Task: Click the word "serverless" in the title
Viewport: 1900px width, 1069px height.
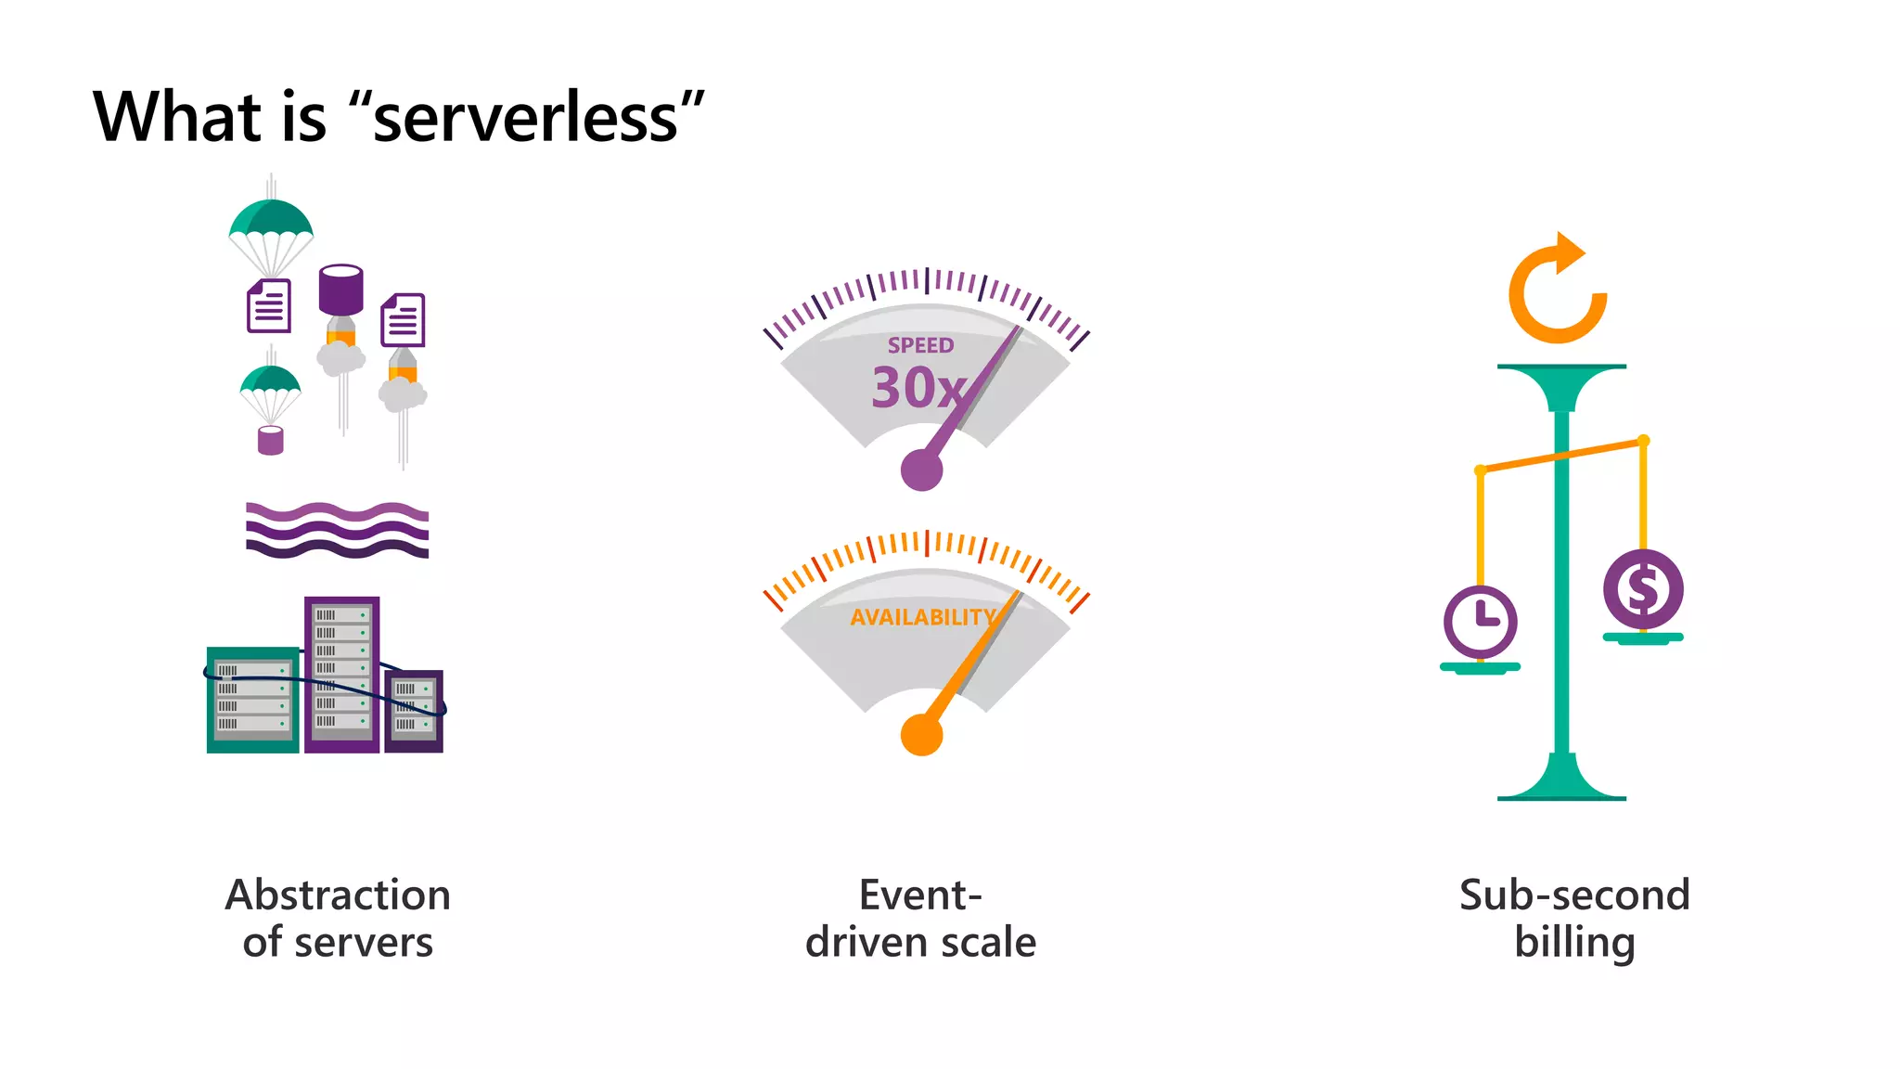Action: [x=526, y=119]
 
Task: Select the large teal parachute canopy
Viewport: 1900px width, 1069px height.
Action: [x=271, y=219]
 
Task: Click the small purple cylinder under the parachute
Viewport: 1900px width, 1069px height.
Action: [x=270, y=440]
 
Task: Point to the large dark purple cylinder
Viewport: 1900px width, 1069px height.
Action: [x=340, y=289]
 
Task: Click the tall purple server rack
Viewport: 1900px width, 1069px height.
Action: [x=341, y=674]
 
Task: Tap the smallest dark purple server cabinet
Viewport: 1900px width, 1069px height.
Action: [x=414, y=710]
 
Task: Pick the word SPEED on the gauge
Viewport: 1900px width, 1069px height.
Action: [x=920, y=345]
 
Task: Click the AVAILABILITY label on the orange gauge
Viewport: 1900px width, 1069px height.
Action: [x=922, y=617]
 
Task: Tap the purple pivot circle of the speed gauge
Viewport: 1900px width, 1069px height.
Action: [x=921, y=470]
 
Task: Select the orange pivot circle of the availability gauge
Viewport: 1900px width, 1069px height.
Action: [x=921, y=735]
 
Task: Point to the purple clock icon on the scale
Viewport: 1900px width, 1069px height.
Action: [x=1480, y=621]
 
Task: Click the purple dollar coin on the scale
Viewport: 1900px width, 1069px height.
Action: [x=1642, y=588]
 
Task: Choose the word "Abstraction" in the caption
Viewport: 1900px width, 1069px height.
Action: [x=338, y=895]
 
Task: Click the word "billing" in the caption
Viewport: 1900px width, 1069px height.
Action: [x=1574, y=943]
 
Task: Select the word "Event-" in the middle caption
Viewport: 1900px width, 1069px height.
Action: [x=919, y=895]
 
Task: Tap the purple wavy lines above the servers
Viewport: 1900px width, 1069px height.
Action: [x=337, y=530]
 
